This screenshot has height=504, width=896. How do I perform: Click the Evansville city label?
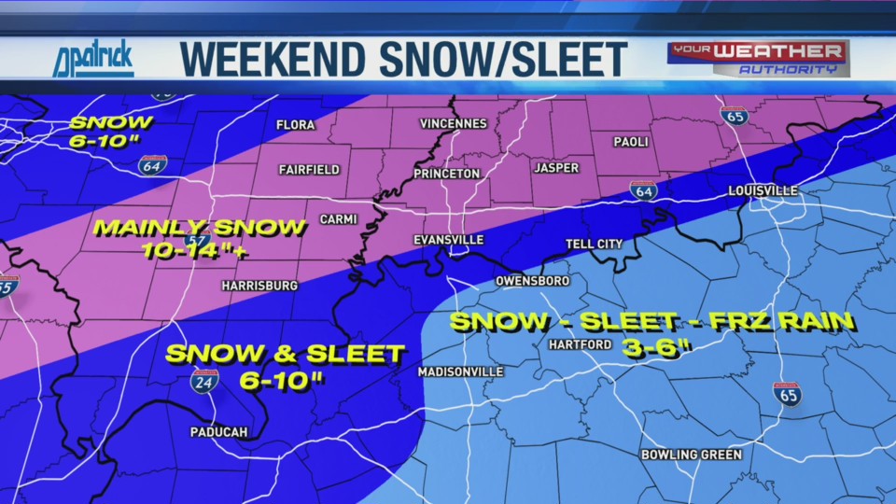[x=449, y=240]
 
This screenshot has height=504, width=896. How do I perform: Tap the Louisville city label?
[x=763, y=190]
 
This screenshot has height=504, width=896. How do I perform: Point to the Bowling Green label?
[x=692, y=455]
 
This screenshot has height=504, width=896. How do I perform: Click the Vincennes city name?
[x=453, y=123]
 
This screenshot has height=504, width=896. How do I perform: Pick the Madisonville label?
[x=461, y=371]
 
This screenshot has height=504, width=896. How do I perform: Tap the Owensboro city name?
[x=532, y=280]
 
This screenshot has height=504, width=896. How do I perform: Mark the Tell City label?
[x=594, y=244]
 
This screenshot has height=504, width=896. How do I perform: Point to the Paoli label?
[x=631, y=142]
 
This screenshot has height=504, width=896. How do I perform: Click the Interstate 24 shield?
[x=205, y=380]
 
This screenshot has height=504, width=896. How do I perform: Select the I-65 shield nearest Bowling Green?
[x=787, y=394]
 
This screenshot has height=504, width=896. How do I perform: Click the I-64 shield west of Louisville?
[x=642, y=190]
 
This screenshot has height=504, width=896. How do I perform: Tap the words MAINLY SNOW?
[x=200, y=227]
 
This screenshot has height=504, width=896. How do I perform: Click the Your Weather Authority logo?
[x=757, y=58]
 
